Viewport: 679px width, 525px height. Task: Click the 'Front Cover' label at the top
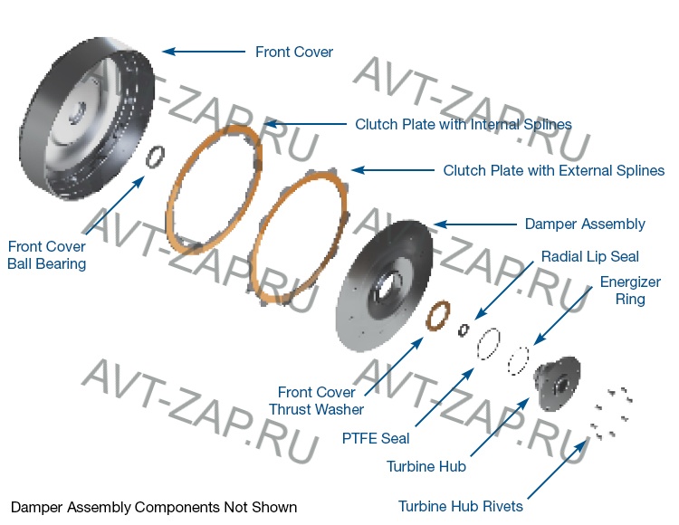tap(293, 52)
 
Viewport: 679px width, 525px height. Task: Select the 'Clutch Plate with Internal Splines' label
tap(463, 124)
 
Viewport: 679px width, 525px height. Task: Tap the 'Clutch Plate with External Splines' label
tap(553, 170)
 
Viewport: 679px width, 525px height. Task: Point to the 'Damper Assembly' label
tap(585, 224)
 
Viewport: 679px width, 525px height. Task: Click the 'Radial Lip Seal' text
tap(589, 257)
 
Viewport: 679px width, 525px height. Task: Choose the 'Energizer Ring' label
tap(630, 291)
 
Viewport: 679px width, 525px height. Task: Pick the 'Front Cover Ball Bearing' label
tap(47, 255)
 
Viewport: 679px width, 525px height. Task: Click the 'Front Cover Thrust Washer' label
tap(316, 401)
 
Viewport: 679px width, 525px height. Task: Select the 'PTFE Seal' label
tap(376, 438)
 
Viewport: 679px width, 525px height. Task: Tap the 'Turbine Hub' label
tap(426, 467)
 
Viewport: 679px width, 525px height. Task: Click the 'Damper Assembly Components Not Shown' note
tap(153, 507)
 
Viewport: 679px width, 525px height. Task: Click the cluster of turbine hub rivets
tap(611, 412)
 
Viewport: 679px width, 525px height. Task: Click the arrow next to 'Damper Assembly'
tap(471, 224)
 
